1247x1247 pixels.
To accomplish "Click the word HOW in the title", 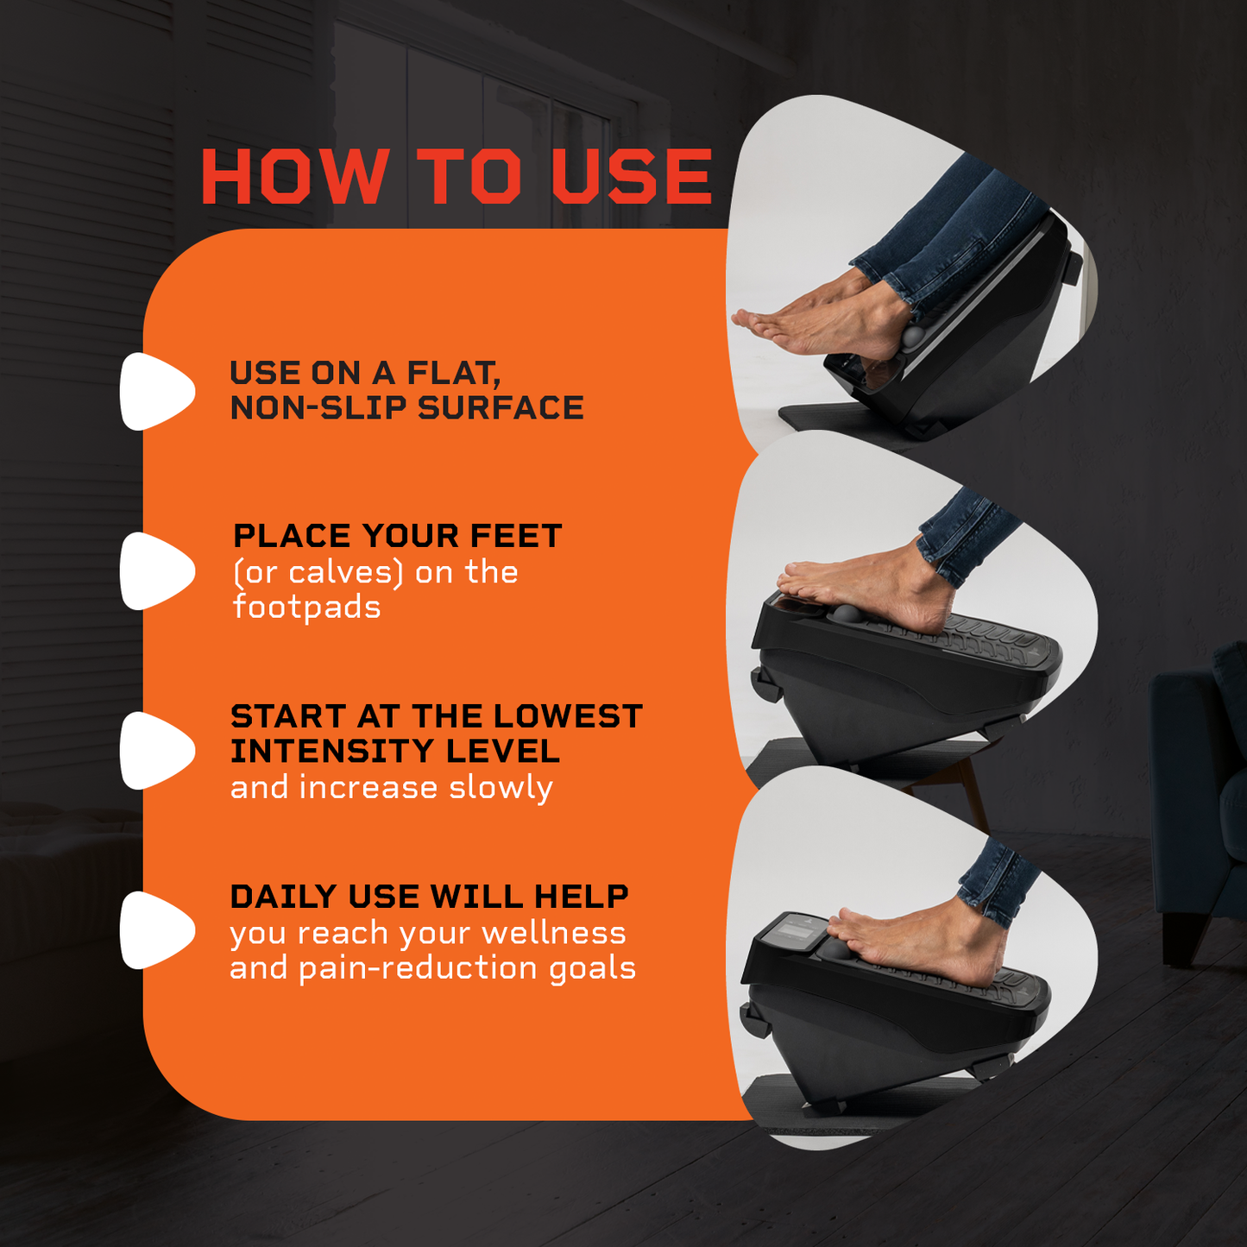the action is point(295,176).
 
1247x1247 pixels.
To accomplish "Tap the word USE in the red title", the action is point(633,176).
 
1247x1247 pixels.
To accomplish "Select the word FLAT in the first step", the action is point(453,374).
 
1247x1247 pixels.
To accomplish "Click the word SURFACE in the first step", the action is point(501,407).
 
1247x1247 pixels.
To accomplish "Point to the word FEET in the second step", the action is point(516,536).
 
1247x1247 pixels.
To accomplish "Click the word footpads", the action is point(306,608).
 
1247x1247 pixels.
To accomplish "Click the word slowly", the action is point(501,788).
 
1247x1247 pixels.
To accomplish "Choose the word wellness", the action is point(554,933).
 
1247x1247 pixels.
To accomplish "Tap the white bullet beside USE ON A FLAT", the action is point(156,392).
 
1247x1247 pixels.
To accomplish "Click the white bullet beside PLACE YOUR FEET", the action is point(156,571).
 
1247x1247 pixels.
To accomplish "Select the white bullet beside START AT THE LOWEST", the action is point(156,751).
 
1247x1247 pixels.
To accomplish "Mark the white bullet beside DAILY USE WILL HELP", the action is point(156,930).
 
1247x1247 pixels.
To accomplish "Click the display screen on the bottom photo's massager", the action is point(795,931).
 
